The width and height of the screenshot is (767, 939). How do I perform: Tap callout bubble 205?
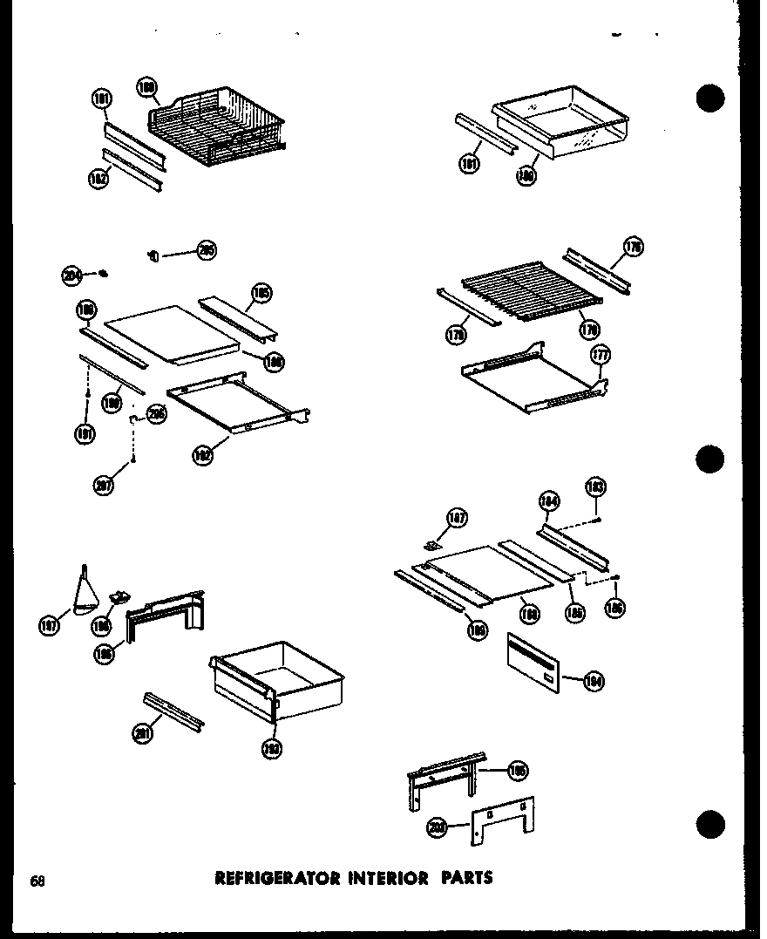click(207, 251)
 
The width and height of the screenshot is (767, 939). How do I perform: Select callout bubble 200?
click(438, 828)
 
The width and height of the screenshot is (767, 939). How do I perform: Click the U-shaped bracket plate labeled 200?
click(503, 821)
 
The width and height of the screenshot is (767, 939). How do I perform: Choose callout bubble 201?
click(142, 735)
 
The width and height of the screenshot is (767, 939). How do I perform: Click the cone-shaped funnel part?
click(85, 594)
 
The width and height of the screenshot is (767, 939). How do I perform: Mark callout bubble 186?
click(615, 608)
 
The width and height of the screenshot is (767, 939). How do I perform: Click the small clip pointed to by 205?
click(153, 255)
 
